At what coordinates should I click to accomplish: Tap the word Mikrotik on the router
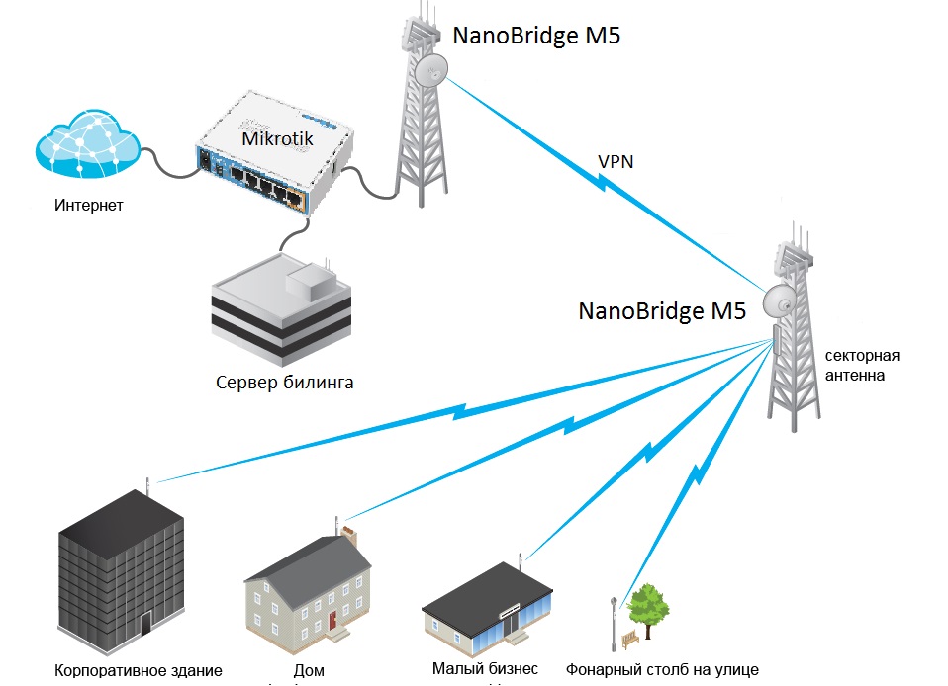277,139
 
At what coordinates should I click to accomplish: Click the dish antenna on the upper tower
431,69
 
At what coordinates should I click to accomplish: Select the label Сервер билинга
285,383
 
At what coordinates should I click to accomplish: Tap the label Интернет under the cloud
90,206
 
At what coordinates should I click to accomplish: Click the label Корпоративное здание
139,670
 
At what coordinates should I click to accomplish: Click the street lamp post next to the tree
615,623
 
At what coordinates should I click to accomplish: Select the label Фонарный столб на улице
662,669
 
